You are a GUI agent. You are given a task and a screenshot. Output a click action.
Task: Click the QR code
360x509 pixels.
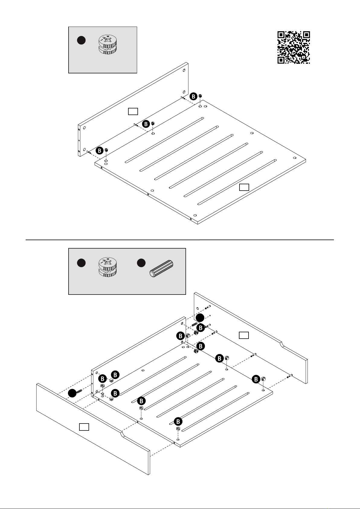pos(294,47)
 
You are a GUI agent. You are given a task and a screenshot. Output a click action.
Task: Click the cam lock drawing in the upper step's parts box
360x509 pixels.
pos(108,44)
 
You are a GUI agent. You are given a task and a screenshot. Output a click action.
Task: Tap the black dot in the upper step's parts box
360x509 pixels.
pos(81,40)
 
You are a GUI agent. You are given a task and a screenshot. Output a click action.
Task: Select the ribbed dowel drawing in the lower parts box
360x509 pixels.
pos(162,268)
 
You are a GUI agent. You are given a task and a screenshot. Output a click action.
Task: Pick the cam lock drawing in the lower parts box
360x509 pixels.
pos(108,267)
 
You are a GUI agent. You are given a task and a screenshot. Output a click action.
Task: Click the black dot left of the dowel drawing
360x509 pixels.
pos(141,263)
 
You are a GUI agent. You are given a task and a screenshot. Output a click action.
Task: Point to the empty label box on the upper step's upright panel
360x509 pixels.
pos(133,111)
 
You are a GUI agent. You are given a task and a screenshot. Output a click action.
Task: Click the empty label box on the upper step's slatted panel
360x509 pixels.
pos(244,187)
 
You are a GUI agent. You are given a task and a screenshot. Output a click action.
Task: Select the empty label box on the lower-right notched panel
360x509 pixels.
pos(244,335)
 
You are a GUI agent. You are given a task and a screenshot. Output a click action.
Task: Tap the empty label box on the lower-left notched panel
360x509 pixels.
pos(84,427)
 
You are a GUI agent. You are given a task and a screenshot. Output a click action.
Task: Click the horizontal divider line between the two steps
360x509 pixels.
pos(180,240)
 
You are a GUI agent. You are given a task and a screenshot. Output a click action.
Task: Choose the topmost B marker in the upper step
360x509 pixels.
pos(194,96)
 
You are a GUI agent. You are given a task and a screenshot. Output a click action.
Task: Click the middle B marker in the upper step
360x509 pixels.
pos(146,124)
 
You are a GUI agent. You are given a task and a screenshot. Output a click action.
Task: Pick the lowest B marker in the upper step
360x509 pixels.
pos(99,151)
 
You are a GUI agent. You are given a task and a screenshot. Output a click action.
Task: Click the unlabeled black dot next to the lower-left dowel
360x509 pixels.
pos(72,393)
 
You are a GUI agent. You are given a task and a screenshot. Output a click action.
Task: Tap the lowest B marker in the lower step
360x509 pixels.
pos(178,421)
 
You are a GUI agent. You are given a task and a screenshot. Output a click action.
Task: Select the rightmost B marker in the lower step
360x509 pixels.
pos(256,379)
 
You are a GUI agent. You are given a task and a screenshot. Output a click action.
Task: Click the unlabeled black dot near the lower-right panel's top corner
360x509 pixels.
pos(200,318)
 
